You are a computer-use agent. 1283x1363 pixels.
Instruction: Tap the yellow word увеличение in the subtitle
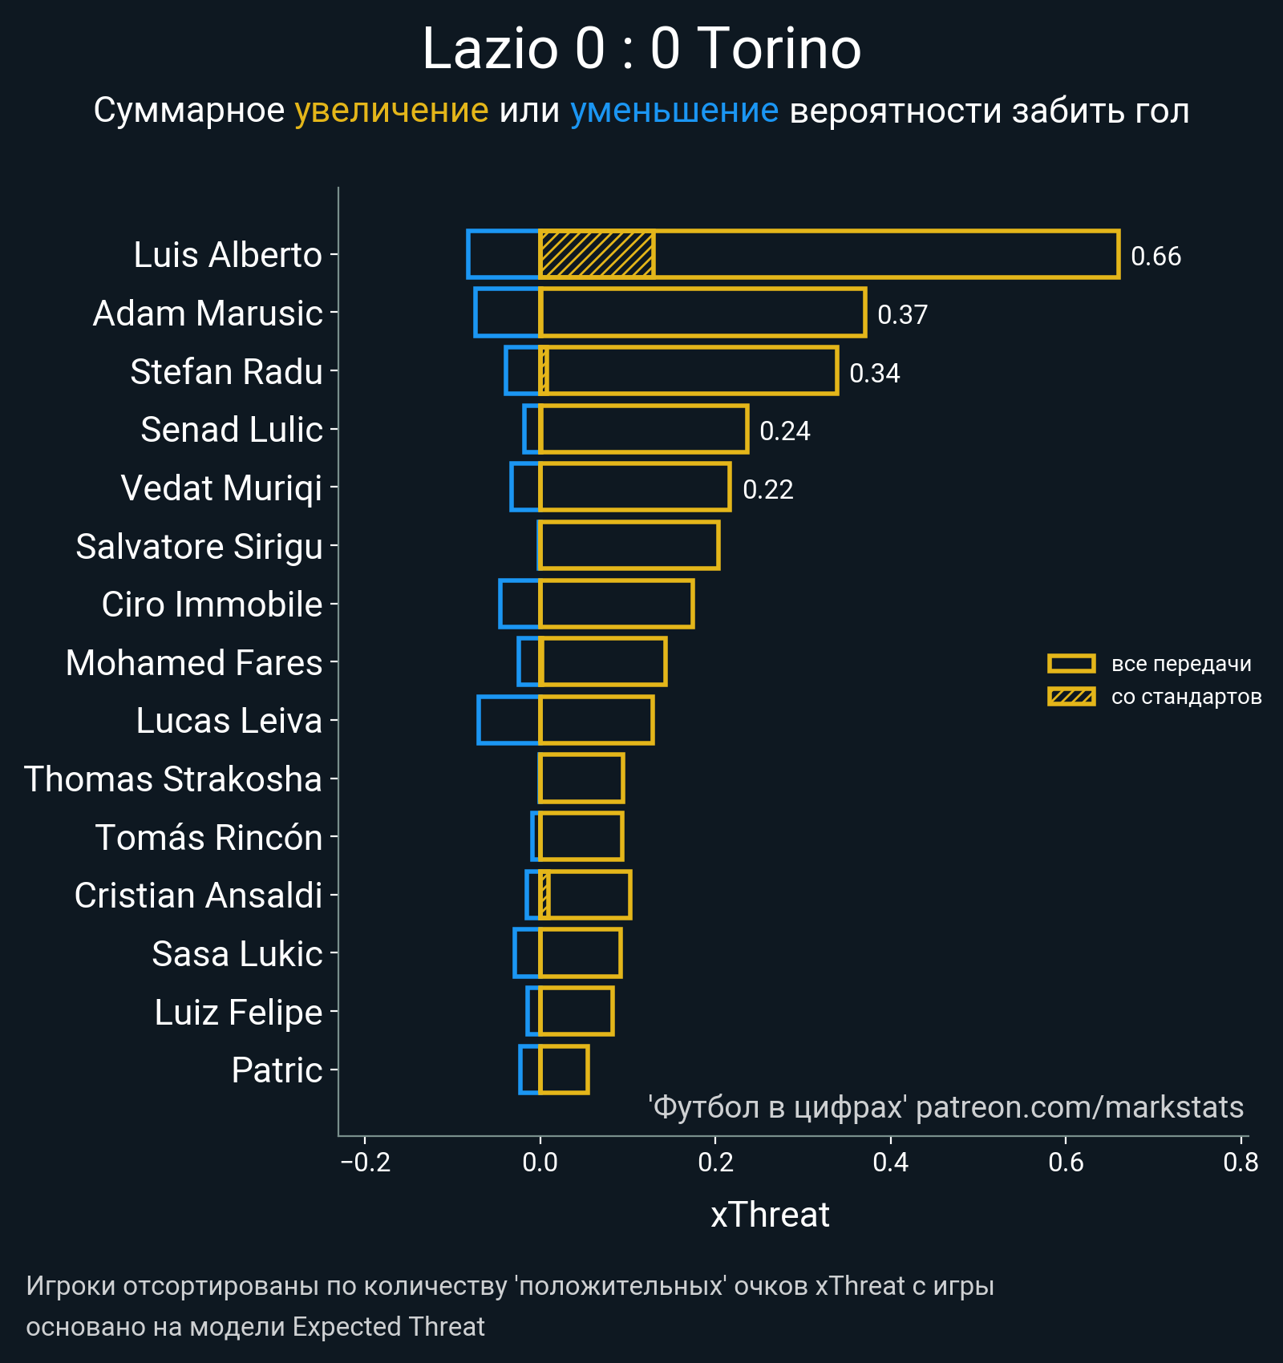[x=391, y=111]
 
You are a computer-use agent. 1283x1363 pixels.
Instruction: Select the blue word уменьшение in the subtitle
[x=674, y=111]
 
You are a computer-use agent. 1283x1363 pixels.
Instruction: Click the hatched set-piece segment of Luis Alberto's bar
[x=597, y=254]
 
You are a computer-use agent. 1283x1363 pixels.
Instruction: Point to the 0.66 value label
[x=1156, y=257]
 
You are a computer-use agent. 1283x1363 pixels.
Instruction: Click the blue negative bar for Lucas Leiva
[x=508, y=720]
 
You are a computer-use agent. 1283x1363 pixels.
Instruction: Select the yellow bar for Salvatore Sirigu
[x=629, y=545]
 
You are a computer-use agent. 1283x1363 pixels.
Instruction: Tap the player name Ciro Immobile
[x=212, y=605]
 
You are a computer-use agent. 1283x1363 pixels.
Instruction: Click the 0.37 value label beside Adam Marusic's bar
[x=902, y=314]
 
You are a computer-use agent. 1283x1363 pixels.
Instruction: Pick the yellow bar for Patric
[x=565, y=1070]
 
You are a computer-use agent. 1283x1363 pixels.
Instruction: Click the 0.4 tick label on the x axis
[x=890, y=1163]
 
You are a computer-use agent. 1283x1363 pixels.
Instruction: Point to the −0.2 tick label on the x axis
[x=366, y=1163]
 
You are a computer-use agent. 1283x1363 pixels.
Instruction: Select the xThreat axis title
[x=770, y=1215]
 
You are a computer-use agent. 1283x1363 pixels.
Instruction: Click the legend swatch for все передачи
[x=1071, y=664]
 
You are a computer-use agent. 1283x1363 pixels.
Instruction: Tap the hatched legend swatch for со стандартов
[x=1071, y=697]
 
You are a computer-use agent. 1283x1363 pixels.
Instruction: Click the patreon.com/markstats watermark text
[x=1079, y=1107]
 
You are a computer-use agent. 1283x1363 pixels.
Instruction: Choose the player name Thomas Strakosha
[x=173, y=779]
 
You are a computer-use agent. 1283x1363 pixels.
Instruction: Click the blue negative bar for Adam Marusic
[x=507, y=313]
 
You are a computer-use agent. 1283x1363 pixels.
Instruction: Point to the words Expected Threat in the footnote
[x=388, y=1327]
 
